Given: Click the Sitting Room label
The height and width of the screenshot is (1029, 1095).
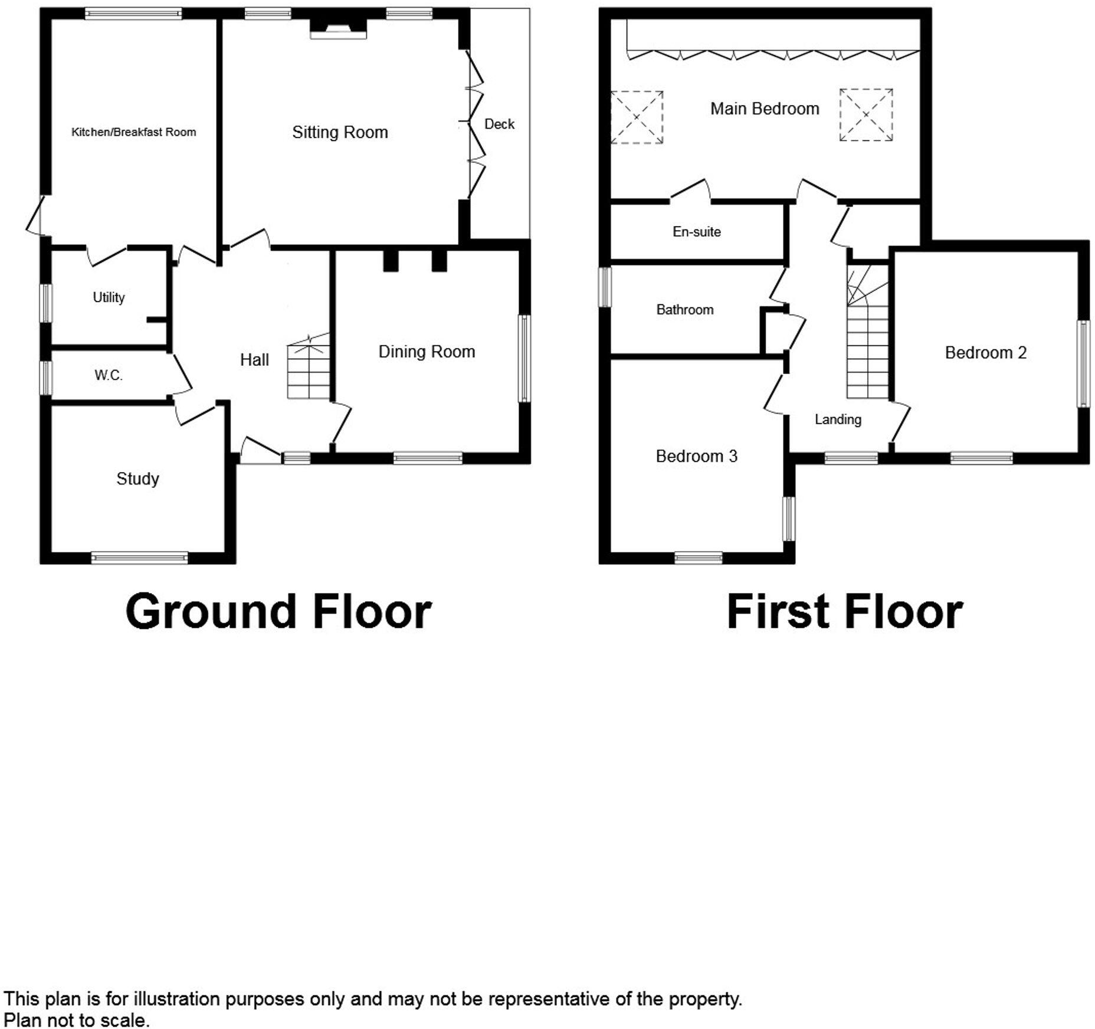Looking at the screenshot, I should (340, 132).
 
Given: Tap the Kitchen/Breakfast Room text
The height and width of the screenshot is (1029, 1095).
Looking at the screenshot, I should (133, 132).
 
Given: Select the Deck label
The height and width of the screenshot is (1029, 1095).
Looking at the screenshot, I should (499, 124).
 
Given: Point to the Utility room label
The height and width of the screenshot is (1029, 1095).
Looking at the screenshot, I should (109, 297).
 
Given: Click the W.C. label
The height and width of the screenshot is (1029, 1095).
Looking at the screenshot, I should (109, 375).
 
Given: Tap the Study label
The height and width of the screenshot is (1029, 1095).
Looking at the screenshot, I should (137, 479).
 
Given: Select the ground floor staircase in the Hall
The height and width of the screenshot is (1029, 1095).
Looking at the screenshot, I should (309, 369).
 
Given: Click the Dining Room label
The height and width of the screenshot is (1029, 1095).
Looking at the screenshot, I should (427, 352).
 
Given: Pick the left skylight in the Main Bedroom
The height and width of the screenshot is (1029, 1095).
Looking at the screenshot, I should (637, 117).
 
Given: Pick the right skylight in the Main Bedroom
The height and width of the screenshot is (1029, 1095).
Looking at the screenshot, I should (865, 115).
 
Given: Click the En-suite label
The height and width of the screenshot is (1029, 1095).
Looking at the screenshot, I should (696, 232).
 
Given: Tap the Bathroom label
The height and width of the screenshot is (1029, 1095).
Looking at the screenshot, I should (684, 310).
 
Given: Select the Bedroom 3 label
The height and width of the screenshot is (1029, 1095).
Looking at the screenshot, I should (696, 456).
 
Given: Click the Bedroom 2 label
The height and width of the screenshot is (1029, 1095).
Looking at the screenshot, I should (985, 353).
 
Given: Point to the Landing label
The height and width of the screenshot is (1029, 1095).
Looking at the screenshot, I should (838, 420).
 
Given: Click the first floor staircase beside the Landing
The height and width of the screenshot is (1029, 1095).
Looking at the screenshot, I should (867, 342).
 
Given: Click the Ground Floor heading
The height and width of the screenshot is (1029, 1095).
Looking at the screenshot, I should (278, 612).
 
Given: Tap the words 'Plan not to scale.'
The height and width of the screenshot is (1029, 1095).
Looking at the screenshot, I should (77, 1020).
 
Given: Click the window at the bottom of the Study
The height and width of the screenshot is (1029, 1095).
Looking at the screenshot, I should (139, 558).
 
